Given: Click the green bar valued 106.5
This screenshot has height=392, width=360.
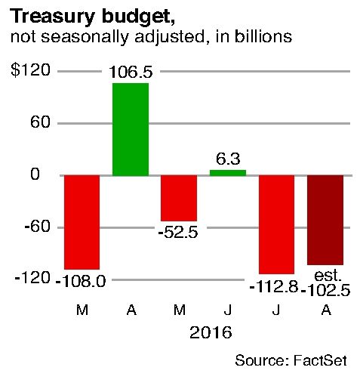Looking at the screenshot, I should (131, 128).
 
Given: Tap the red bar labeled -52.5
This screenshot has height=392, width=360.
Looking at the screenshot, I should (179, 198).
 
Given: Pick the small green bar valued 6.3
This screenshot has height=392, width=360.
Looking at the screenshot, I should (227, 173).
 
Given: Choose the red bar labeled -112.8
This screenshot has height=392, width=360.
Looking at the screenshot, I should (276, 224).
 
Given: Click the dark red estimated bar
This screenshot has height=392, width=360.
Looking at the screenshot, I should (325, 220).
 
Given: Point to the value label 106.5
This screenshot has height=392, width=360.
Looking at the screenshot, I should (131, 73).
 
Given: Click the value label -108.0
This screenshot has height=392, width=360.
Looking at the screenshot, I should (80, 280).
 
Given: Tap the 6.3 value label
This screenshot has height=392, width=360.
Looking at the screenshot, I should (227, 159).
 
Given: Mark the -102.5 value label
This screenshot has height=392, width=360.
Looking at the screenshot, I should (325, 289).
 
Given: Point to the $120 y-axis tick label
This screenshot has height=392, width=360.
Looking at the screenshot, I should (30, 71).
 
